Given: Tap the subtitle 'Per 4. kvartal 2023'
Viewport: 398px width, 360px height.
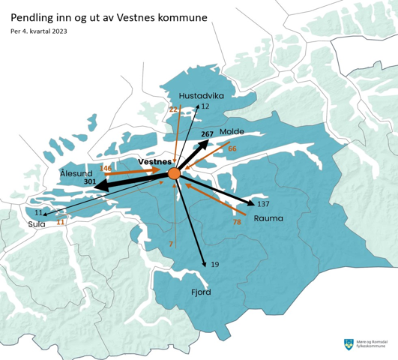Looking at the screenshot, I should [44, 31].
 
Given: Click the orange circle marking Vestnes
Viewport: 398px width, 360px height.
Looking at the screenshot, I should [174, 174].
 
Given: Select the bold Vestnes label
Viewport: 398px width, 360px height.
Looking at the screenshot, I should [156, 162].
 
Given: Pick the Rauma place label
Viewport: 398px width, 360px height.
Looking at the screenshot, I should [268, 219].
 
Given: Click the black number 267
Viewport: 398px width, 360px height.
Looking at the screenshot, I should [208, 133].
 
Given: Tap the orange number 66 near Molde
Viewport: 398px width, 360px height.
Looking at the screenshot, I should [232, 148].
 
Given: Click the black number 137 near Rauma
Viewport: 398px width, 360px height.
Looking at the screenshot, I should [262, 204].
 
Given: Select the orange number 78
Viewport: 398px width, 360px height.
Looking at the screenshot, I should [237, 222].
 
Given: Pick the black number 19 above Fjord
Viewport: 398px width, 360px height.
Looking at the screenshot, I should [214, 265].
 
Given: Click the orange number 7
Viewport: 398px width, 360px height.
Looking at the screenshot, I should [171, 244].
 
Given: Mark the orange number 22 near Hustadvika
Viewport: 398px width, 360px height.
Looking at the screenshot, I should [173, 110].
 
